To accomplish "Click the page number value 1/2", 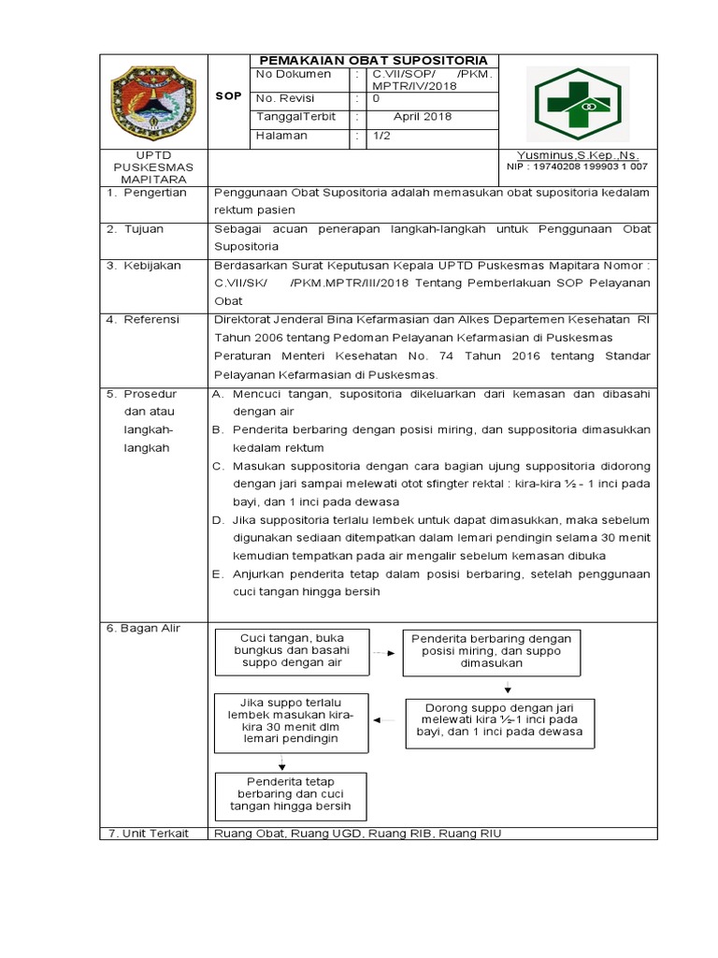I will [382, 137].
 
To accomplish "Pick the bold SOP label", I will [228, 95].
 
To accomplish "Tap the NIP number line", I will [577, 167].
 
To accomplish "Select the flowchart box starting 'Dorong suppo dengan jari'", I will [495, 724].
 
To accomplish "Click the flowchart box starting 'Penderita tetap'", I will [291, 796].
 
